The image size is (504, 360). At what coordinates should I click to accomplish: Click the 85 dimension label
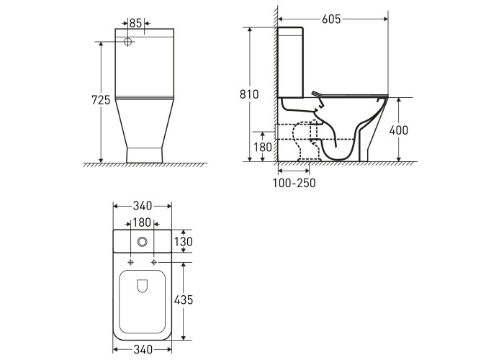tap(135, 23)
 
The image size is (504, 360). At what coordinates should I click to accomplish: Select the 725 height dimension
tap(101, 100)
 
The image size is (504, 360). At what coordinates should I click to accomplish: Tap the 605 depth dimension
tap(331, 19)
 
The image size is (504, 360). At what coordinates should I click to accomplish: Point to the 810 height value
tap(249, 94)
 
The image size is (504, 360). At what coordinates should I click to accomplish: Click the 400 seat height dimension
tap(399, 130)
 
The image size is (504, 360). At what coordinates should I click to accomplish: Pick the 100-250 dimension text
tap(294, 183)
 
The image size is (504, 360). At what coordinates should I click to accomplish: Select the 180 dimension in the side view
tap(263, 147)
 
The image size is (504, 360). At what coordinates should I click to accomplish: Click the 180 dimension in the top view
tap(142, 222)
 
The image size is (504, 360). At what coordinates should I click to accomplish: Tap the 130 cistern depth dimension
tap(183, 241)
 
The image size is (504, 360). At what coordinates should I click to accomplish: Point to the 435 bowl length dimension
tap(184, 300)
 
